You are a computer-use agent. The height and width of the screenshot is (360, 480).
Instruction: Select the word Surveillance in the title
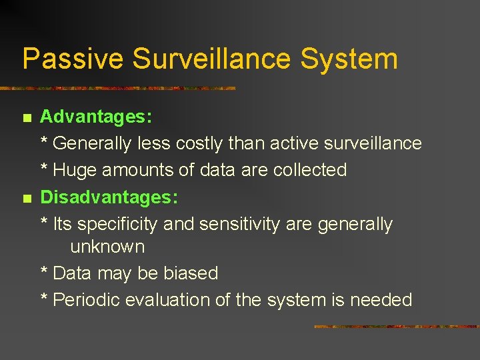[x=213, y=59]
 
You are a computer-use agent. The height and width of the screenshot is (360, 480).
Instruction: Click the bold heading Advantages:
[x=97, y=117]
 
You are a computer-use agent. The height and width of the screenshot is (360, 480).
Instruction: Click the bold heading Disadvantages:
[x=109, y=197]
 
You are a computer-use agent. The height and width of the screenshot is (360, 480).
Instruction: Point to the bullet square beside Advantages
[x=27, y=119]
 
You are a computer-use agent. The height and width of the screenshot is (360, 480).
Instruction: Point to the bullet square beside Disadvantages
[x=27, y=199]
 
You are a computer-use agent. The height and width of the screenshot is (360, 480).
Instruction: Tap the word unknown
[x=107, y=247]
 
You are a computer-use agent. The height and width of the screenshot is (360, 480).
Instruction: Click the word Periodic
[x=85, y=300]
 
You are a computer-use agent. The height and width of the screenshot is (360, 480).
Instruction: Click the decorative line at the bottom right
[x=396, y=327]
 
